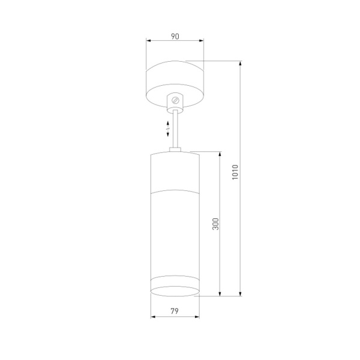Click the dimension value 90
coord(175,37)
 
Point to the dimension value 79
coord(175,311)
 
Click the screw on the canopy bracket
coord(176,100)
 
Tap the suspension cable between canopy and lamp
coord(175,129)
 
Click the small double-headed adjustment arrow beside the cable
coord(168,127)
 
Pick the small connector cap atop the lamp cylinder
coord(175,150)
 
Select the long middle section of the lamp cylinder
coord(175,234)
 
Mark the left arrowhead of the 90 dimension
coord(149,42)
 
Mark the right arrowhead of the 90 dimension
coord(202,42)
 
